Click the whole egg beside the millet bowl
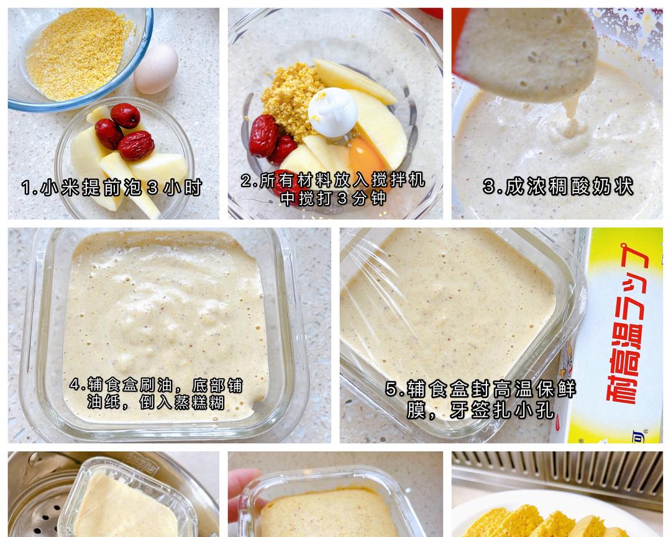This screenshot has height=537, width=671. (156, 68)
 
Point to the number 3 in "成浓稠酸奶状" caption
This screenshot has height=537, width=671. (490, 186)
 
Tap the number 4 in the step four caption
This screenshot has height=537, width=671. (75, 385)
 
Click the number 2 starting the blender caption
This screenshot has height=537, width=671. (247, 180)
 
